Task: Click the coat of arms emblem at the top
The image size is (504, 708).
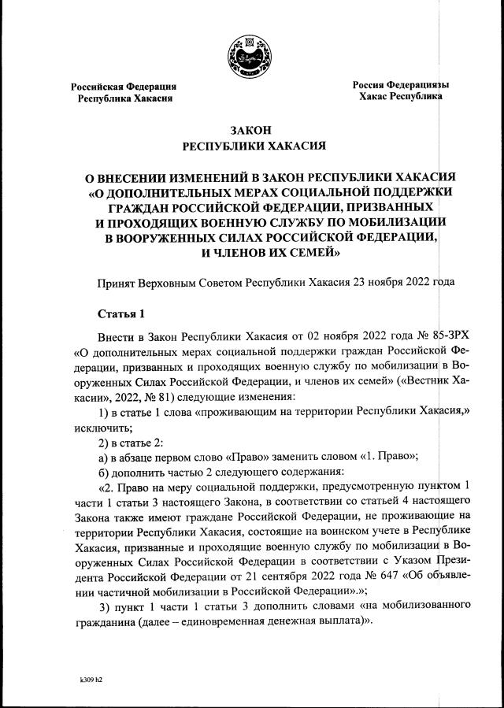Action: click(250, 51)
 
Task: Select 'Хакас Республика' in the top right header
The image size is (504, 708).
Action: click(400, 97)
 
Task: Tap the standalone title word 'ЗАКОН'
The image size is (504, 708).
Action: click(250, 131)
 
